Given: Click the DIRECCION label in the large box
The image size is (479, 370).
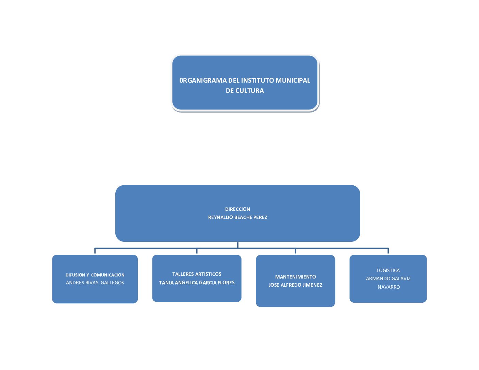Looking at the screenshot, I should pyautogui.click(x=237, y=209).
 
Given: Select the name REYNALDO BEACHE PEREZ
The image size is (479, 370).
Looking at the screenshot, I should pyautogui.click(x=237, y=217).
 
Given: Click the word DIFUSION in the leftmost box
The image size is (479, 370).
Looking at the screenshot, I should pyautogui.click(x=75, y=275).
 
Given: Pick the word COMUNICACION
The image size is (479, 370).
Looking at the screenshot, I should pyautogui.click(x=108, y=275).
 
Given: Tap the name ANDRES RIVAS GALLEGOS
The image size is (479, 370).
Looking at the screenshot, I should pyautogui.click(x=95, y=283).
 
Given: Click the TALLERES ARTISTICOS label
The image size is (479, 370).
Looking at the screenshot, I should pyautogui.click(x=197, y=274).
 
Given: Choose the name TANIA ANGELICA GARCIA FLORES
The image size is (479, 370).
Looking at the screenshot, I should pyautogui.click(x=197, y=283).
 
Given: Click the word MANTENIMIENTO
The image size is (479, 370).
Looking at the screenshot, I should pyautogui.click(x=295, y=277).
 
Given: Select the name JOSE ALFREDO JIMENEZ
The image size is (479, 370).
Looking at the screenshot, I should pyautogui.click(x=295, y=285).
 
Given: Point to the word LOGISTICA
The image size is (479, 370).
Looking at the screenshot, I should pyautogui.click(x=388, y=270).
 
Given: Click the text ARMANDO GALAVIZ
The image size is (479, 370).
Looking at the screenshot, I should pyautogui.click(x=388, y=279).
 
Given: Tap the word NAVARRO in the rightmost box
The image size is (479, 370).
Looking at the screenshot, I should pyautogui.click(x=389, y=287).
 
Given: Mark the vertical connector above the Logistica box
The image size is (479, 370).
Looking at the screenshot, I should pyautogui.click(x=388, y=251).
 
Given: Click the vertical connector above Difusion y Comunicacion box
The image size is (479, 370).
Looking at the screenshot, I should pyautogui.click(x=95, y=251).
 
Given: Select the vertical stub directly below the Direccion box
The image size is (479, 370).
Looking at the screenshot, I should pyautogui.click(x=237, y=245).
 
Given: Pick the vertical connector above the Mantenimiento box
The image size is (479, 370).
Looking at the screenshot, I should pyautogui.click(x=295, y=251).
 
